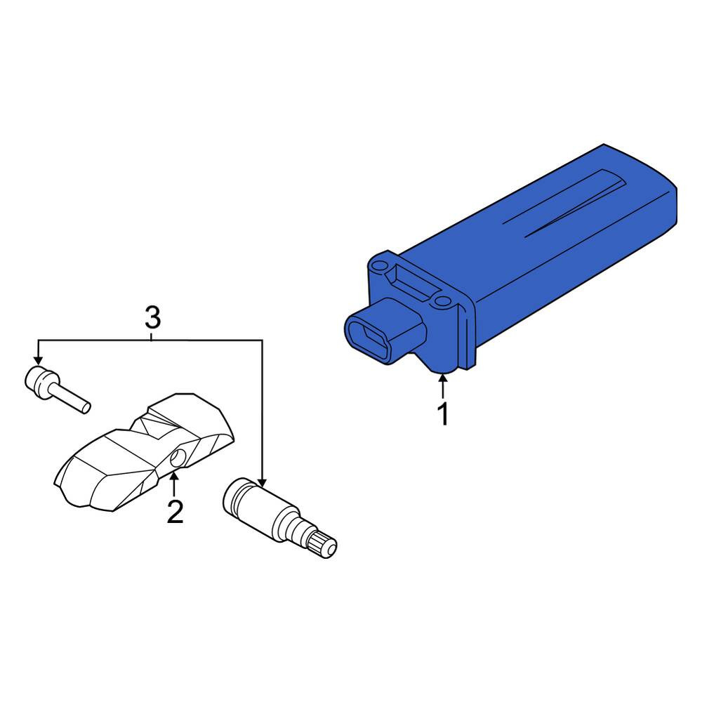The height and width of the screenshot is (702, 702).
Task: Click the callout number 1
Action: pyautogui.click(x=443, y=413)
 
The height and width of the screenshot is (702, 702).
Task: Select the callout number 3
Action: pyautogui.click(x=152, y=317)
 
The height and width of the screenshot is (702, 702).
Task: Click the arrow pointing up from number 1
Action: pyautogui.click(x=443, y=386)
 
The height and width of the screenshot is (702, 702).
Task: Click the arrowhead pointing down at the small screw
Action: pyautogui.click(x=38, y=359)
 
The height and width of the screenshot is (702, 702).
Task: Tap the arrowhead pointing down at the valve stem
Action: pyautogui.click(x=262, y=482)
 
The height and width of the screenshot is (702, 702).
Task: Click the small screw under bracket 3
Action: pyautogui.click(x=57, y=389)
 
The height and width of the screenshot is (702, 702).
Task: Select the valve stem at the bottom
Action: pyautogui.click(x=279, y=517)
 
